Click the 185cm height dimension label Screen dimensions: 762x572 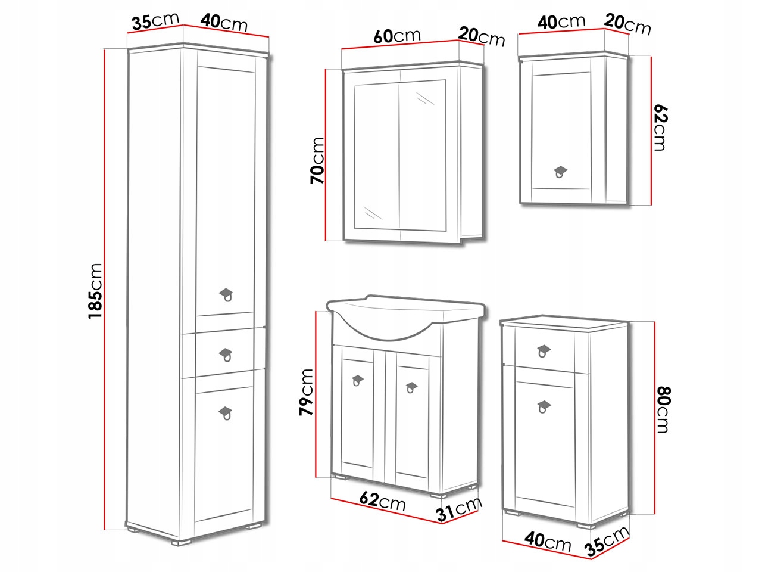click(95, 291)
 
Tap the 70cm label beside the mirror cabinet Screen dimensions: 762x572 click(317, 160)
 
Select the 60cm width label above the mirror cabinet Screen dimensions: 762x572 click(397, 36)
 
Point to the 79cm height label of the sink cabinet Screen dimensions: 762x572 click(306, 392)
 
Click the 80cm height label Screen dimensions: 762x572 click(663, 410)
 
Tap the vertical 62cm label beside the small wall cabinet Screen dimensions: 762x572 click(661, 128)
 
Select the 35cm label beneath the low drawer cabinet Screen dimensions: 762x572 click(607, 542)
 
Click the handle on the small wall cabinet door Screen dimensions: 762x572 click(560, 172)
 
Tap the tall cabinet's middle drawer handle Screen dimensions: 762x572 click(226, 355)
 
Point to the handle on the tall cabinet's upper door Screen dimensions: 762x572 click(226, 295)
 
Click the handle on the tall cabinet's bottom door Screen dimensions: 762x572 click(226, 414)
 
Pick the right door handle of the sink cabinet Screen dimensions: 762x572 click(411, 387)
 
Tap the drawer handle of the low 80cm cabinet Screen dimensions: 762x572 click(544, 351)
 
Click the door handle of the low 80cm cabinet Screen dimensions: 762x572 click(544, 407)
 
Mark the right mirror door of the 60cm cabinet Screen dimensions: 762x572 click(423, 156)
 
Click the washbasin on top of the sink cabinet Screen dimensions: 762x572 click(406, 315)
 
